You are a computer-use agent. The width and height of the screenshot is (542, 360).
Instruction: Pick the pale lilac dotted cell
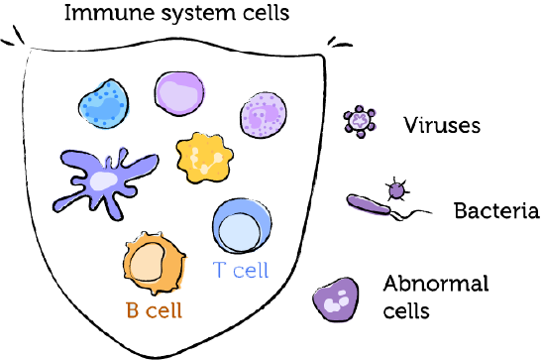point(264,115)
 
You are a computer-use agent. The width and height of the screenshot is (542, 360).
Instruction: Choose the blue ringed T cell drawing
point(237,227)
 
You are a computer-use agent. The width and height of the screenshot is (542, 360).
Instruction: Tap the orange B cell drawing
point(153,264)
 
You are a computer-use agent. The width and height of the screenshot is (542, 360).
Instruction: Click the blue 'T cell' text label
point(241,269)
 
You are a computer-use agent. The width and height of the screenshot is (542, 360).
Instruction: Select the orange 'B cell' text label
point(153,309)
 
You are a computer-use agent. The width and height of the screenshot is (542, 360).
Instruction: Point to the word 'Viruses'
point(441,125)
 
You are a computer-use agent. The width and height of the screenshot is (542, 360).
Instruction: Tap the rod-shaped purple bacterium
point(369,205)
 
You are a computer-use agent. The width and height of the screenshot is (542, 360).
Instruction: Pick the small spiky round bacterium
point(396,187)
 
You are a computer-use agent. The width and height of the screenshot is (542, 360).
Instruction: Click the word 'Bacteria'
point(495,211)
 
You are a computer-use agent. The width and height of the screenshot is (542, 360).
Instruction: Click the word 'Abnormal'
point(436,284)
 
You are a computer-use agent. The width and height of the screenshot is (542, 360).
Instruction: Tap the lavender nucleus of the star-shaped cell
point(101,180)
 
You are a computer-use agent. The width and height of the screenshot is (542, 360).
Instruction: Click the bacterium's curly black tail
point(416,212)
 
